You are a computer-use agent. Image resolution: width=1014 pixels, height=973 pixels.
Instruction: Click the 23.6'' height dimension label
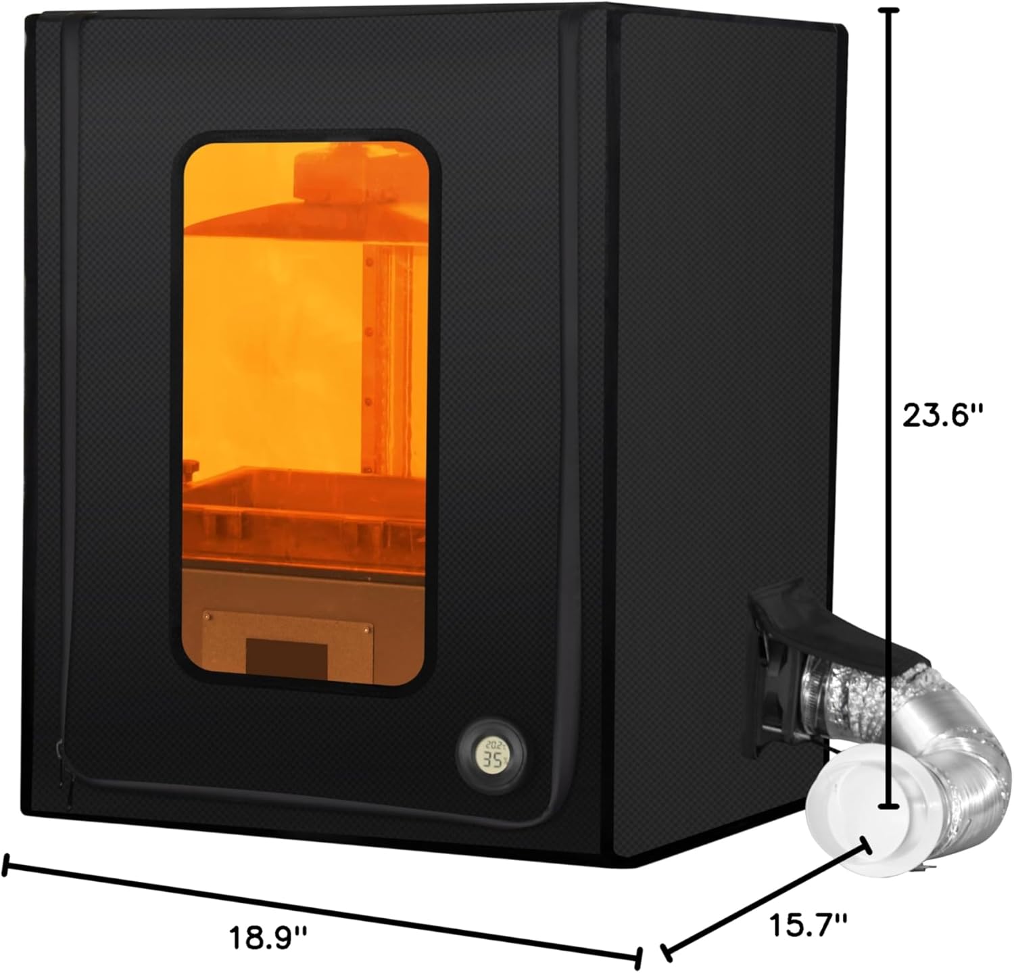tap(941, 415)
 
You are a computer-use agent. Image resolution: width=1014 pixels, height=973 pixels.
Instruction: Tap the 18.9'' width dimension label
tap(268, 937)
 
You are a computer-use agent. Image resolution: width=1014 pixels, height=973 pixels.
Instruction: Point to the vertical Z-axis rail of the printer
tap(370, 358)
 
